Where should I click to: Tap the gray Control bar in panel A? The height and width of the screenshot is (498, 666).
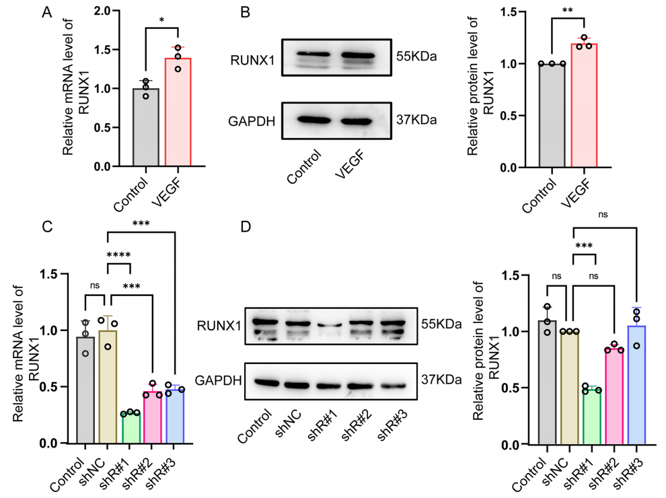click(146, 128)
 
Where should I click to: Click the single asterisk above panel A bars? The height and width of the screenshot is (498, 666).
click(161, 20)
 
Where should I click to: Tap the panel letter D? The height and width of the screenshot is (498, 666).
click(246, 225)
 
